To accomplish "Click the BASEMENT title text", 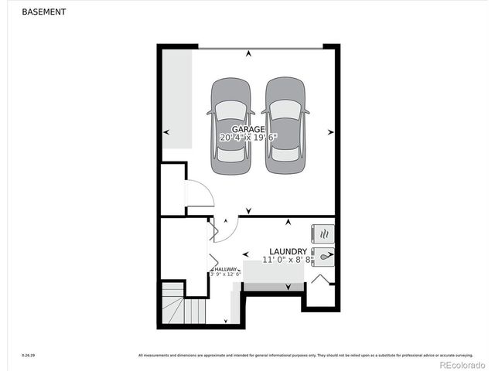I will point(43,12).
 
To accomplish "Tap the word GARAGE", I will point(248,129).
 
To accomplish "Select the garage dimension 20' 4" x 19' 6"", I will point(248,137).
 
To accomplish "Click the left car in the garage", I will point(230,125).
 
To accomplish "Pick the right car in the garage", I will point(284,125).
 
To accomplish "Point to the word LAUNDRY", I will point(288,252).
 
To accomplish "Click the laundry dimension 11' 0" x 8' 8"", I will point(288,260).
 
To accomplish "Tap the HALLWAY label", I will point(225,269).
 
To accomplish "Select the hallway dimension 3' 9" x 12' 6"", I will point(225,274).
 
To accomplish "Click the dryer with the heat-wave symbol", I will point(323,233).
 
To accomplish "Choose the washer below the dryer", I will point(323,255).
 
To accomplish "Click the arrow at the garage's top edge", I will point(248,54).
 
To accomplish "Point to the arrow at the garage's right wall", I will point(330,132).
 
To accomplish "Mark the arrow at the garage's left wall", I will point(166,132).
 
